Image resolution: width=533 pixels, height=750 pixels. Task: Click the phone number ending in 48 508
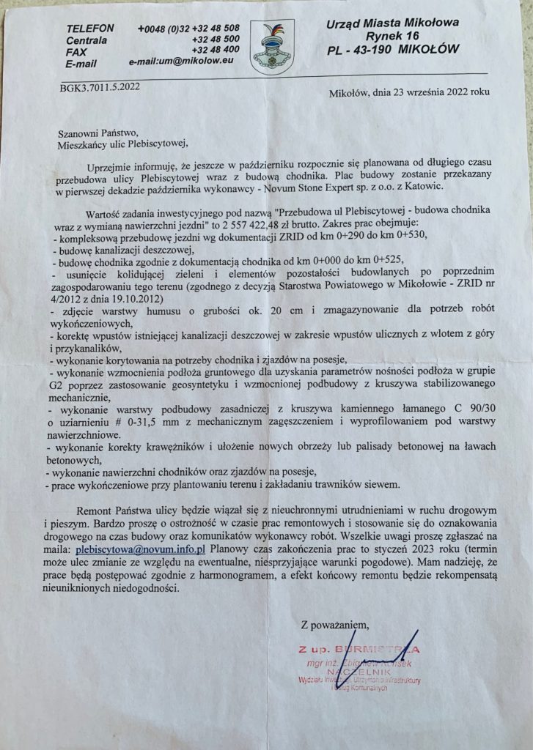[188, 28]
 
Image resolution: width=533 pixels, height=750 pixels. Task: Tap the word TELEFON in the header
[89, 28]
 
